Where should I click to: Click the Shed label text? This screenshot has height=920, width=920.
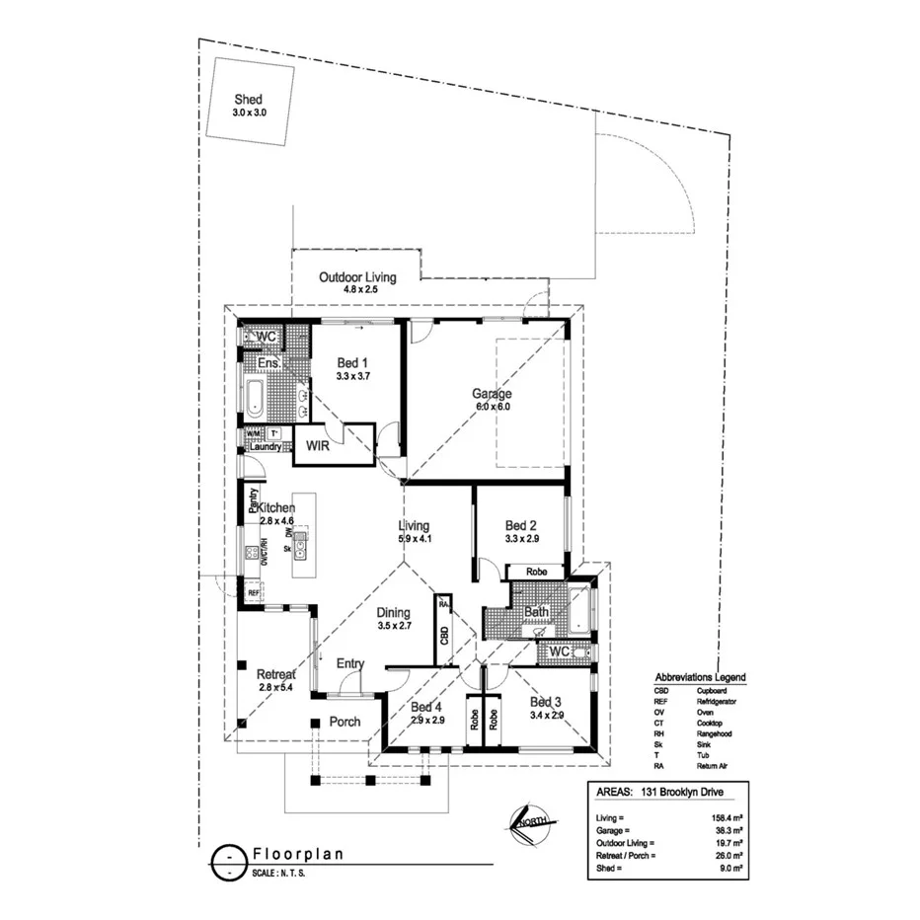tap(248, 100)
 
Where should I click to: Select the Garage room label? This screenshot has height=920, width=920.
tap(491, 394)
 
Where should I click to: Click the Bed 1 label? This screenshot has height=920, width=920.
tap(352, 362)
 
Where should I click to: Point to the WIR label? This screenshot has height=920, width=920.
tap(317, 446)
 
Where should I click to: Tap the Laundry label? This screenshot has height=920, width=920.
tap(265, 447)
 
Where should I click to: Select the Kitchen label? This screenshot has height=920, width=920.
tap(276, 507)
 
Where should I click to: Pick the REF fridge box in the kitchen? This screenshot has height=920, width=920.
tap(254, 592)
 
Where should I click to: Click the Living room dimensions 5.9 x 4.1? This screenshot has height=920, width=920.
tap(415, 539)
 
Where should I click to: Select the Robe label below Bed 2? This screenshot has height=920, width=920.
tap(536, 572)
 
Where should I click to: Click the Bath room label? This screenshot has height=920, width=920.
tap(536, 612)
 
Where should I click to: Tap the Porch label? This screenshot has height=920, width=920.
tap(345, 722)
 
